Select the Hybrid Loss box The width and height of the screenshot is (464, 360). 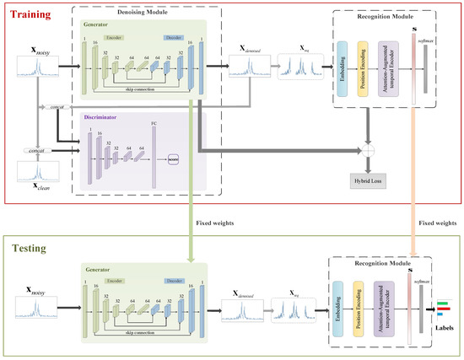367,180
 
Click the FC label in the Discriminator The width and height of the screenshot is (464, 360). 154,123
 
